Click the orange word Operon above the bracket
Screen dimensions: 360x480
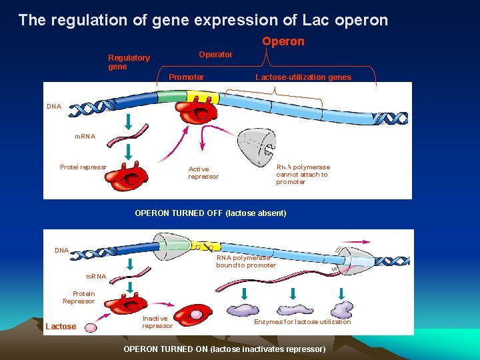pos(283,41)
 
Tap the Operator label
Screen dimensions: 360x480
pos(215,55)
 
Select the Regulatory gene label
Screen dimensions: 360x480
pos(129,62)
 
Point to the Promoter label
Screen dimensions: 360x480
pos(186,77)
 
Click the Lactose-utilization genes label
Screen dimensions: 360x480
pos(303,77)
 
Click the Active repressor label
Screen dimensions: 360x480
pos(203,173)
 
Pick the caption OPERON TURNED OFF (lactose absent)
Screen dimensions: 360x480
pos(210,213)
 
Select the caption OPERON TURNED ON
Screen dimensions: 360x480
pos(225,349)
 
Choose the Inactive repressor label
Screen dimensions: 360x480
pos(157,322)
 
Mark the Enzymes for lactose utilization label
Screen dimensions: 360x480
pos(302,322)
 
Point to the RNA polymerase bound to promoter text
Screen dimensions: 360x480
pos(245,261)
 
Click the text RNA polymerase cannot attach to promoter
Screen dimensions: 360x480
pos(302,175)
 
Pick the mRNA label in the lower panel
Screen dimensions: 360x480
pos(96,277)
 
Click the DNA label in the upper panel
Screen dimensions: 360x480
pos(54,106)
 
